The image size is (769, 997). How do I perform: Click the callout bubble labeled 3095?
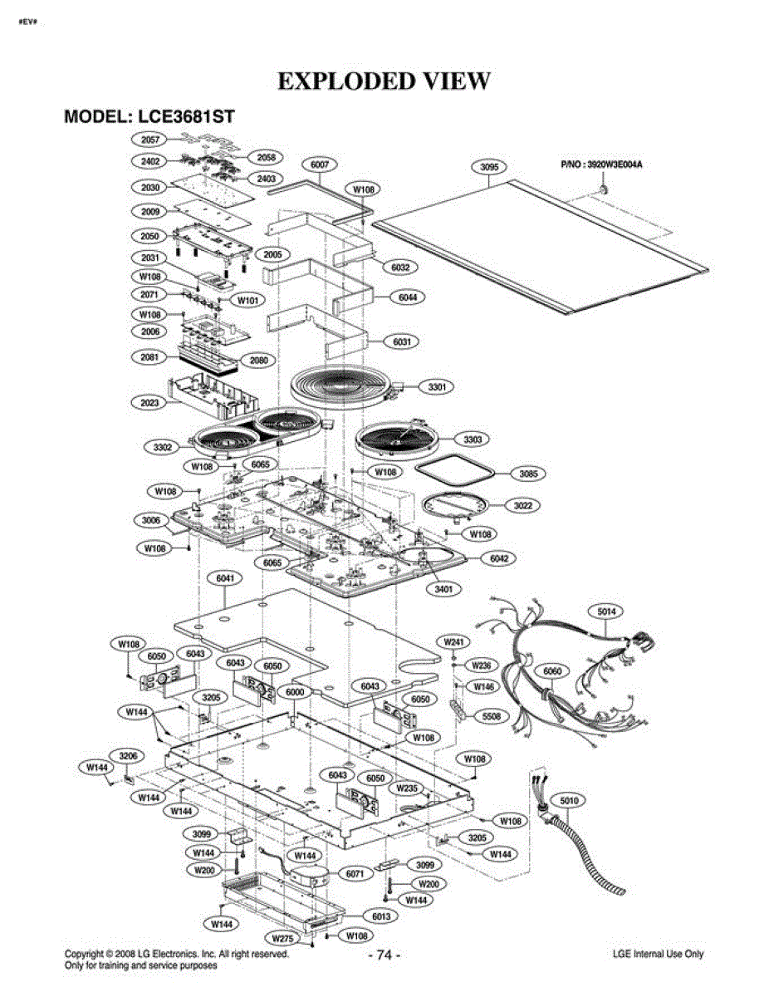point(489,167)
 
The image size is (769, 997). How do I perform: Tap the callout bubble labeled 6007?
point(320,165)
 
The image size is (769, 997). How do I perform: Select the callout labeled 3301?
point(437,387)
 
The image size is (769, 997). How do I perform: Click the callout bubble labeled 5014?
point(607,611)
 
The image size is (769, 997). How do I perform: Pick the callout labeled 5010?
point(569,801)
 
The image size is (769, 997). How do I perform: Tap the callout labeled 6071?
point(355,874)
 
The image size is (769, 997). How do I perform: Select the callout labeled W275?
point(282,938)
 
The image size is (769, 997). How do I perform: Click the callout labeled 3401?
point(443,589)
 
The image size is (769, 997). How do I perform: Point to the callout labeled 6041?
point(225,578)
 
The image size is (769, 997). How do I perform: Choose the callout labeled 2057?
point(149,140)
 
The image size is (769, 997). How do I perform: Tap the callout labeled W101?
point(247,301)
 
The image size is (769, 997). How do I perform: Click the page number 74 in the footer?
point(384,955)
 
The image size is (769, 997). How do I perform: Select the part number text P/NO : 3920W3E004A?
point(601,165)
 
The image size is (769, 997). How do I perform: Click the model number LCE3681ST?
point(186,116)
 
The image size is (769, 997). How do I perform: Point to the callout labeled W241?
point(454,642)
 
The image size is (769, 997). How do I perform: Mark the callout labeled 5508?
point(492,715)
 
